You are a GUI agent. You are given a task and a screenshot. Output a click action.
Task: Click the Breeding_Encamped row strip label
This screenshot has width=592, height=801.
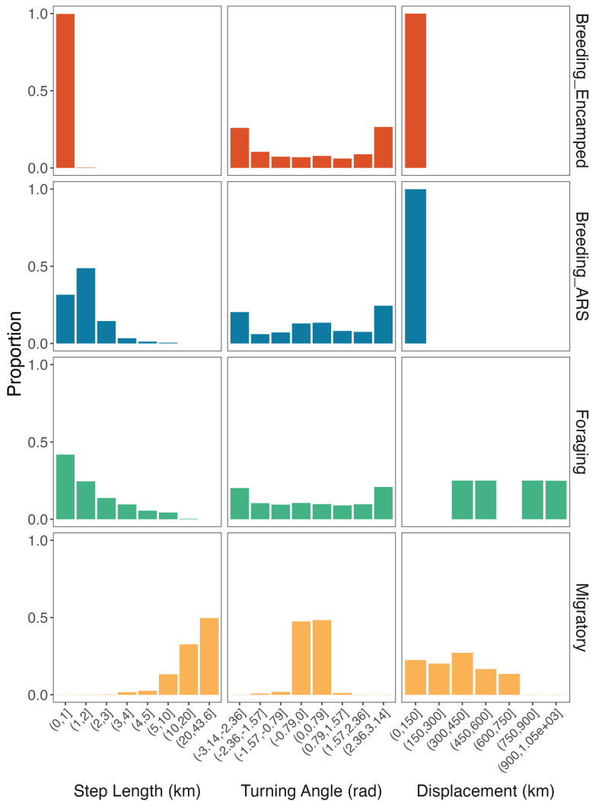tap(580, 90)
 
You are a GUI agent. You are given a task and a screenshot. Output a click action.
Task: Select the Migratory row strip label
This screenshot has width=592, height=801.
tap(580, 617)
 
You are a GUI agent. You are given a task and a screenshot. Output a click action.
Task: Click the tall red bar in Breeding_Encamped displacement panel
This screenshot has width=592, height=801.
tap(415, 91)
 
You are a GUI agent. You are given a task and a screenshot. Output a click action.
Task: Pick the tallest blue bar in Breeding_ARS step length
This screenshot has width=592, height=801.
tap(86, 305)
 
